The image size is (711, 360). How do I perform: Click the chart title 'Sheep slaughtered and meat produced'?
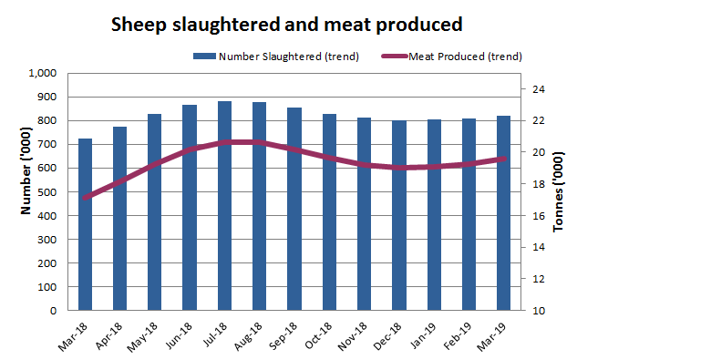click(286, 25)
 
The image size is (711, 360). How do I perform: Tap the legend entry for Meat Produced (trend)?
click(453, 57)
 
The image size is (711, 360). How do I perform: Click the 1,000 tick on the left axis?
click(43, 73)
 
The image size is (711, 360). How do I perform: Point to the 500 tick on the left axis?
click(46, 191)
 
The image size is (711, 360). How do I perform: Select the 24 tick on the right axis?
click(538, 89)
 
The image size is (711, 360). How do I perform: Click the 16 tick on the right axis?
click(538, 216)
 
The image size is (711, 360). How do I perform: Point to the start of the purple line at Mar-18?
click(85, 198)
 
